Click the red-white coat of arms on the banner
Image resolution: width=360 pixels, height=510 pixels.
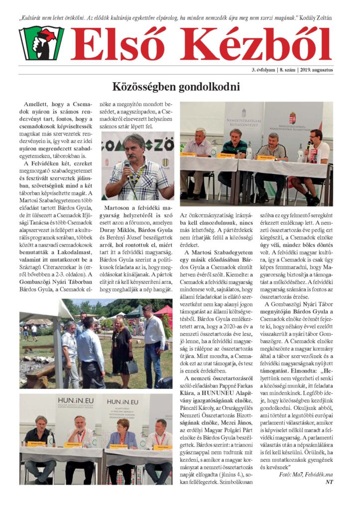tap(292, 119)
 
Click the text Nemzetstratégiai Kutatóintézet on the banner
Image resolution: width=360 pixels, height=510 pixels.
tap(243, 122)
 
